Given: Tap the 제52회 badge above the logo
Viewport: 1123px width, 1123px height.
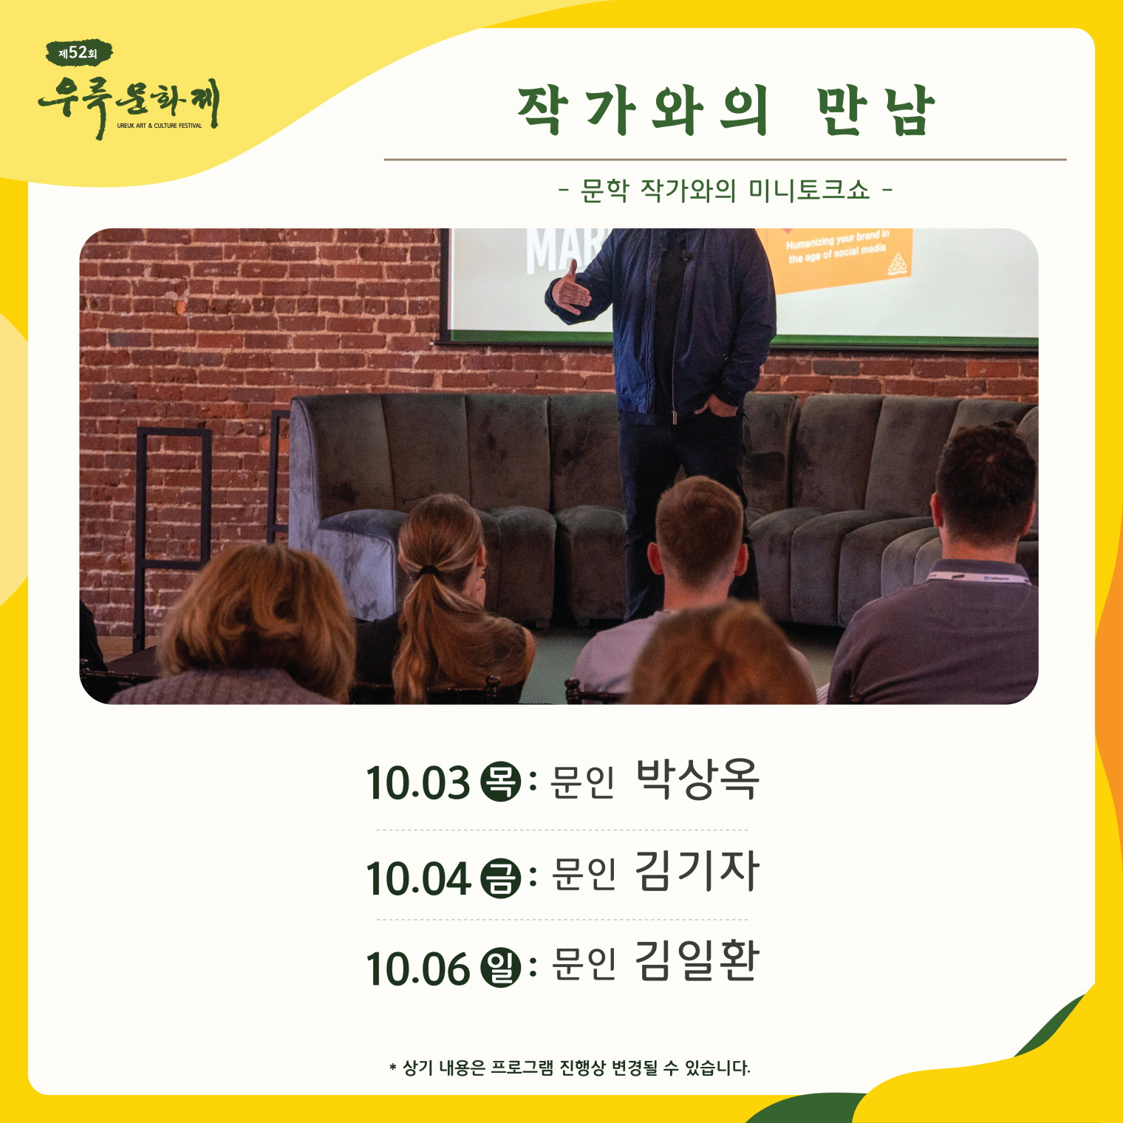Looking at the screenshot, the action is [x=79, y=52].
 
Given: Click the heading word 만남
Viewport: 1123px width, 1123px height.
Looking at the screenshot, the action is [x=876, y=111].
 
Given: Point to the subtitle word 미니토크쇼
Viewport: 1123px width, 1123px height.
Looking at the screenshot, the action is [x=809, y=191].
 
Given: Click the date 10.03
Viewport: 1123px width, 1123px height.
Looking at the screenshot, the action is [x=418, y=783].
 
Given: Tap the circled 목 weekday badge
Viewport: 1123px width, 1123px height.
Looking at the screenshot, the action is [x=501, y=782].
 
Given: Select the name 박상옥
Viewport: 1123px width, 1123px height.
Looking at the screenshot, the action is [x=697, y=779].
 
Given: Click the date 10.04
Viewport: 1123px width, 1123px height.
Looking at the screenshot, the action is [x=418, y=878].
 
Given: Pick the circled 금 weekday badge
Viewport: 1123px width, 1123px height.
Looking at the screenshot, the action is [x=501, y=878].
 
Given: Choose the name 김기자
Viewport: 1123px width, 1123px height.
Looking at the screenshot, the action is [x=697, y=871].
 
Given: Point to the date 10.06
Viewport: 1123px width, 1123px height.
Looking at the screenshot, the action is [x=418, y=969].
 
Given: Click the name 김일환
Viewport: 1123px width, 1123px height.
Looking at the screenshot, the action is [x=697, y=961].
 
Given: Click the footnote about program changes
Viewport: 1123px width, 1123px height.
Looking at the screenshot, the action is [x=570, y=1068].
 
